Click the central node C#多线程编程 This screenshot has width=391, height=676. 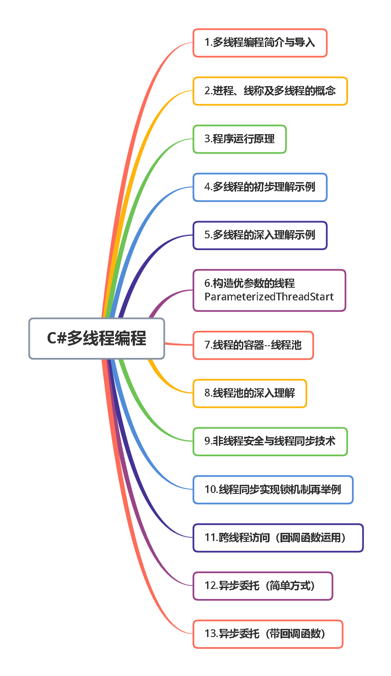click(97, 338)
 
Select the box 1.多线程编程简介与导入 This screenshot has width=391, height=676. click(260, 43)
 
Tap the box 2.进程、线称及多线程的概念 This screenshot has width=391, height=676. click(270, 91)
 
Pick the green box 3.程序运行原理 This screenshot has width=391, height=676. click(239, 139)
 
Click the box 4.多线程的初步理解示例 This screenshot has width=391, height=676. click(260, 187)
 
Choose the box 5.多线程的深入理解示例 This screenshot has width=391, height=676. click(260, 235)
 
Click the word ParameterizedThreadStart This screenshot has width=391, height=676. click(269, 297)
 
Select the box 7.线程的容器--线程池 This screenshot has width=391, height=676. click(253, 345)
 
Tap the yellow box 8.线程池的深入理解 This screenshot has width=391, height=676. click(250, 393)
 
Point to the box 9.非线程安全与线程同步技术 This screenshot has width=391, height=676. click(270, 441)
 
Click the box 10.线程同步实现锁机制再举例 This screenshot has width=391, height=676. click(273, 489)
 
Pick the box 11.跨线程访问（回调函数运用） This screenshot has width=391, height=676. click(278, 538)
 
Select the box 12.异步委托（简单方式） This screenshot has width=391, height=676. click(263, 586)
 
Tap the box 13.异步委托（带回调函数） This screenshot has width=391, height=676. click(268, 634)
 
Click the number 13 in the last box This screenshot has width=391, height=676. click(210, 634)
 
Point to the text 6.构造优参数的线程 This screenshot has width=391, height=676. click(250, 284)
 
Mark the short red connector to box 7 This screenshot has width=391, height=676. click(179, 344)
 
